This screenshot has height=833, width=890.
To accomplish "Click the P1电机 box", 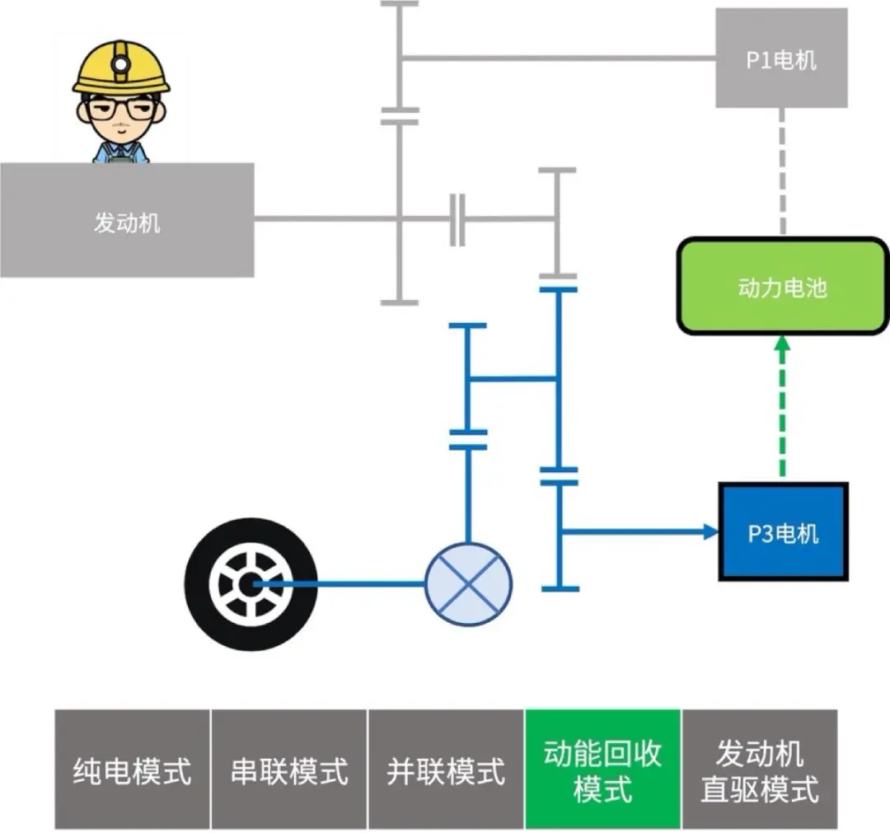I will point(780,58).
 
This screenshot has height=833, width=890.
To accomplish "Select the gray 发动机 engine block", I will point(126,221).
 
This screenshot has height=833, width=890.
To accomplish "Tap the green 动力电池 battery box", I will point(782,287).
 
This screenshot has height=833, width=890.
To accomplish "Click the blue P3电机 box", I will point(783,532).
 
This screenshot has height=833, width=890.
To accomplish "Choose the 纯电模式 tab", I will point(133,770).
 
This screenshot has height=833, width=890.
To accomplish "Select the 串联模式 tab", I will point(289,770).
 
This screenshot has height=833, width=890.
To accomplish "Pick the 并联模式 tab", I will point(446,770).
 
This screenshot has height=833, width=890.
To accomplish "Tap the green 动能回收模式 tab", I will point(602,770).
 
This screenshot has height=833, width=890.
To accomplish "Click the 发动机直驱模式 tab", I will point(759,770).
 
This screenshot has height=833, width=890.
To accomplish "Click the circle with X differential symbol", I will point(468,584).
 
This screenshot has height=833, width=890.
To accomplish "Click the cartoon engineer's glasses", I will point(121,110).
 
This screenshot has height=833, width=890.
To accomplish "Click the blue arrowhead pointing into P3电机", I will point(710,532).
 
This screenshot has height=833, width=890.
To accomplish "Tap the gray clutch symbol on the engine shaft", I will point(457,219).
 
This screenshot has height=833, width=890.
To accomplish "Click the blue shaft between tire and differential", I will point(346,584).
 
